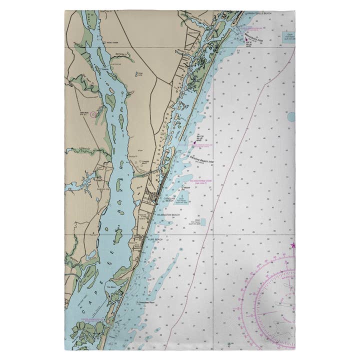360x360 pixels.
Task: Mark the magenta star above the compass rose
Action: click(x=293, y=245)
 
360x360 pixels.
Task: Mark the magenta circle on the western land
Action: click(x=93, y=114)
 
